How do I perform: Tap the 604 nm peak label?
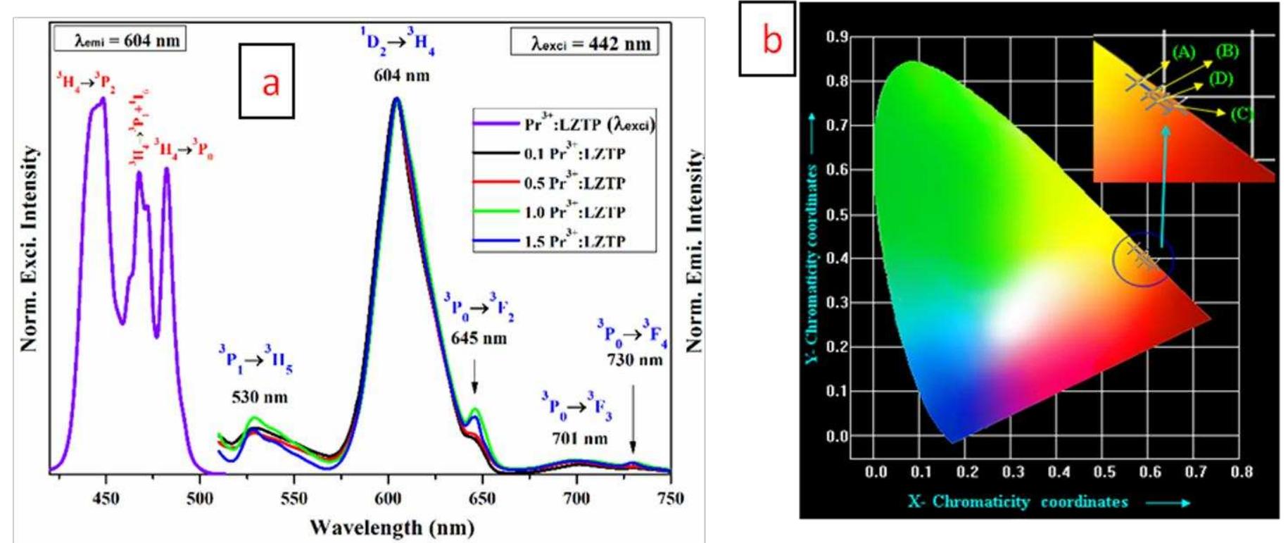401,75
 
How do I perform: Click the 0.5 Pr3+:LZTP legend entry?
574,183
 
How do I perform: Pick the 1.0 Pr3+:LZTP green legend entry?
574,212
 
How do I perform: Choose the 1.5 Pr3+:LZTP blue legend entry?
574,242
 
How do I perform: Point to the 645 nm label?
479,339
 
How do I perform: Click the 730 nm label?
634,360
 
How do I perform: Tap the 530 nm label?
259,397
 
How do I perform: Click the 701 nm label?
579,439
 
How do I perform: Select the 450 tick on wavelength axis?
106,499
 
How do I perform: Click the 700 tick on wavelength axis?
576,499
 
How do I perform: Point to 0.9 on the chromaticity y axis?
837,37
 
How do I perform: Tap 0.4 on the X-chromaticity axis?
1058,472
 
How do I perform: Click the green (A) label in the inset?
1184,52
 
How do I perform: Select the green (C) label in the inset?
1242,113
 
